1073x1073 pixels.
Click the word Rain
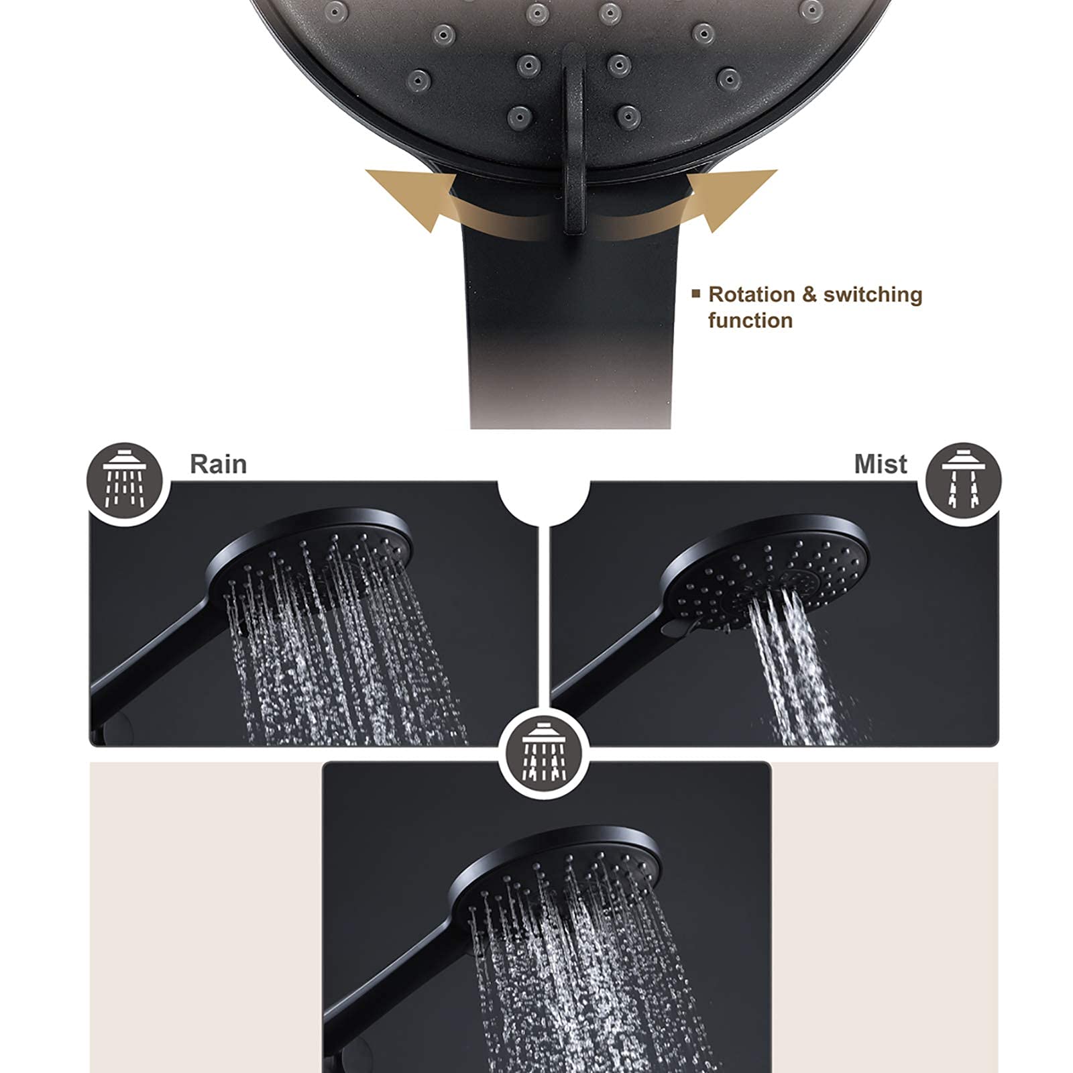point(218,464)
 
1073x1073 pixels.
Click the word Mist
point(881,464)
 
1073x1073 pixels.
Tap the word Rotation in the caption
point(752,294)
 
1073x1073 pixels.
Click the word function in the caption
point(750,321)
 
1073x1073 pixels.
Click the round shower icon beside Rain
point(125,481)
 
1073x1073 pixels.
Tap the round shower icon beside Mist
point(963,481)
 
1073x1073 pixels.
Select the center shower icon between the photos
point(544,750)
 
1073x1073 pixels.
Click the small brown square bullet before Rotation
point(696,293)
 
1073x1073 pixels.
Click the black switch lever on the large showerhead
point(573,141)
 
